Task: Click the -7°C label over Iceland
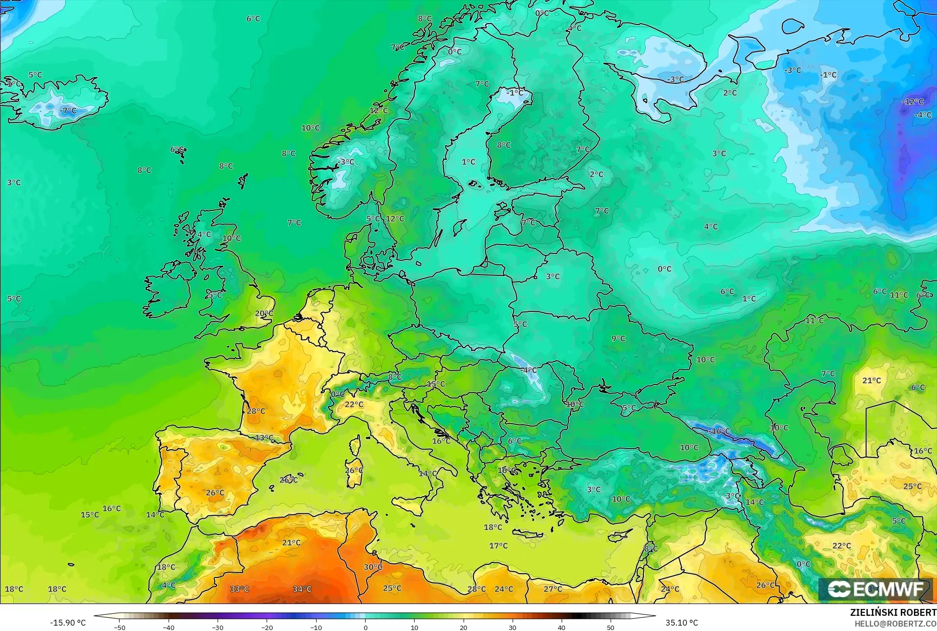pyautogui.click(x=69, y=111)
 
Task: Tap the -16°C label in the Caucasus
pyautogui.click(x=720, y=431)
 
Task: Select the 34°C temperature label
pyautogui.click(x=302, y=589)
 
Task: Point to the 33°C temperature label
pyautogui.click(x=240, y=589)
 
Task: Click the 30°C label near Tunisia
pyautogui.click(x=373, y=567)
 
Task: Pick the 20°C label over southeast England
pyautogui.click(x=264, y=314)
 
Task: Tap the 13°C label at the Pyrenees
pyautogui.click(x=264, y=438)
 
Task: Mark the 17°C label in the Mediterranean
pyautogui.click(x=498, y=546)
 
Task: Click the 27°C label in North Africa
pyautogui.click(x=553, y=589)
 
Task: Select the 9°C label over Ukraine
pyautogui.click(x=618, y=338)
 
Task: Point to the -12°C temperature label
pyautogui.click(x=912, y=102)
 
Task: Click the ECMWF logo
pyautogui.click(x=876, y=589)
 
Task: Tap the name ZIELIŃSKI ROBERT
pyautogui.click(x=893, y=613)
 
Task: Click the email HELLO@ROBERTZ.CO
pyautogui.click(x=895, y=624)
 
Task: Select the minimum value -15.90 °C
pyautogui.click(x=68, y=623)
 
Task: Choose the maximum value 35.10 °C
pyautogui.click(x=682, y=623)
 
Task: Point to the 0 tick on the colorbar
pyautogui.click(x=365, y=627)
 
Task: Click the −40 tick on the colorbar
pyautogui.click(x=169, y=627)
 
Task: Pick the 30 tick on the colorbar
pyautogui.click(x=513, y=627)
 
